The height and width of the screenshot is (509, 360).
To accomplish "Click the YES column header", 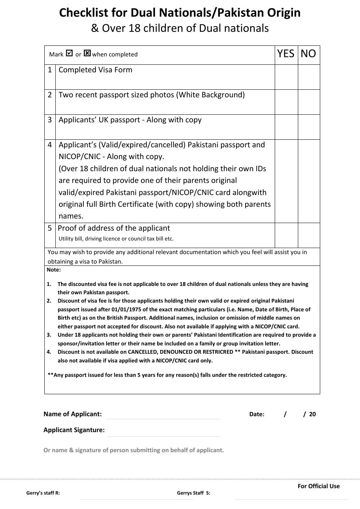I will point(286,54).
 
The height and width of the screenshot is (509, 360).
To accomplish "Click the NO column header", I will point(308,54).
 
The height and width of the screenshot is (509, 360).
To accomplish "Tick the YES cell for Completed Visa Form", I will point(286,77).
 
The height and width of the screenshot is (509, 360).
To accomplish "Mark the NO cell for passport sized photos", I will point(309,102).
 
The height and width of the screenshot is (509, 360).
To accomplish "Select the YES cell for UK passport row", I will point(286,127).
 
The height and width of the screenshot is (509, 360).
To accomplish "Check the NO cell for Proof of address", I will point(309,235).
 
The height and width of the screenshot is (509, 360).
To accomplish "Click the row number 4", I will point(50,145).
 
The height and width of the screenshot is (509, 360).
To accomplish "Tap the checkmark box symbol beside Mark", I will point(69,53).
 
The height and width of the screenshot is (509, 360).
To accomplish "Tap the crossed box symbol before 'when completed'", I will point(87,53).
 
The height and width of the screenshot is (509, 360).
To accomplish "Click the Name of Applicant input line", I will point(163,415).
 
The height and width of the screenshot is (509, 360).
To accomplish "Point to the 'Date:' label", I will point(257,414).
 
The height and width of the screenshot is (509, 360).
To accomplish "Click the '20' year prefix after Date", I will point(312,414).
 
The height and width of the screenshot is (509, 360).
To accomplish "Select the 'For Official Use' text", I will point(318,486).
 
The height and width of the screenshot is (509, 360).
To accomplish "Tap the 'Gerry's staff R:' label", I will point(43,493).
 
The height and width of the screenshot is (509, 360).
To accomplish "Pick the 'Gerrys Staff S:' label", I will point(193,493).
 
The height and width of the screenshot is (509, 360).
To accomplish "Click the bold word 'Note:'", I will point(53,270).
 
